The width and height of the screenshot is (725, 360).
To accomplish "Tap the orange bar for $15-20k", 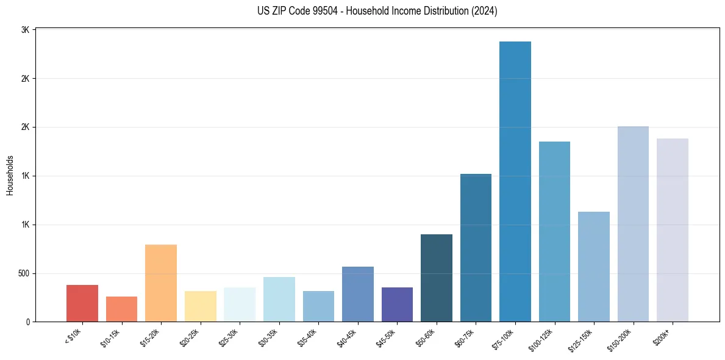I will [x=161, y=283].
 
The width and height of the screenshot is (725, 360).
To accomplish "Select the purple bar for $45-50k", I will [x=397, y=304].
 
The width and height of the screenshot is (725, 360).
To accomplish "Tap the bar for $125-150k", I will [x=594, y=267].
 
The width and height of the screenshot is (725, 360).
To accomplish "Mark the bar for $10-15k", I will [x=121, y=309].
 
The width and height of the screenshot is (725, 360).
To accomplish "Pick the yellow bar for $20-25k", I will [x=200, y=306].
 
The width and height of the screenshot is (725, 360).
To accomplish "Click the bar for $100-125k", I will [x=554, y=232].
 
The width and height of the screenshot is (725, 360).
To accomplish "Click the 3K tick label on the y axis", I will [x=26, y=30].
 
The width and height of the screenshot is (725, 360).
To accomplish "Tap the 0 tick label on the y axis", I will [x=28, y=322].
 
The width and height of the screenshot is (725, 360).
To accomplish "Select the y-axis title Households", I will [x=10, y=175].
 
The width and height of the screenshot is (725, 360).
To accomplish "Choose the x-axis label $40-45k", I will [x=346, y=337].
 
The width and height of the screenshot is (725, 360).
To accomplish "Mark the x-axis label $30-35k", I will [x=268, y=337].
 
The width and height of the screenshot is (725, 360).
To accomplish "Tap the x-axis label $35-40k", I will [x=307, y=337].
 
